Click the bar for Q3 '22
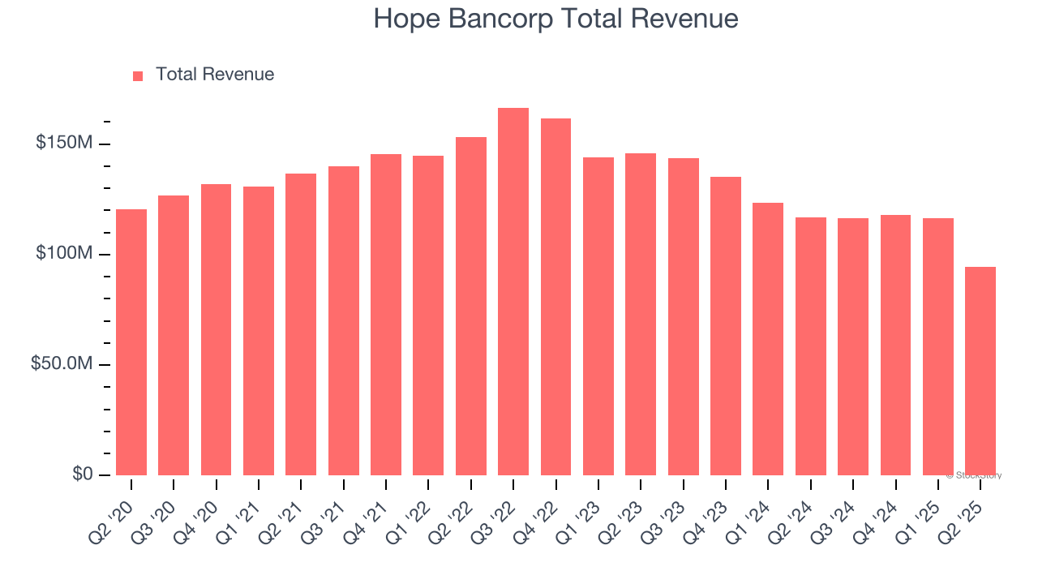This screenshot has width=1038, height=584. click(x=513, y=292)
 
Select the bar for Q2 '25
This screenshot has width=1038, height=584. click(x=980, y=371)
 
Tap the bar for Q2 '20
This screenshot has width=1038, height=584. click(x=131, y=342)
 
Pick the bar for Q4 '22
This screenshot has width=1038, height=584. click(x=555, y=297)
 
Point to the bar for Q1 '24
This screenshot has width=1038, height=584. click(x=768, y=339)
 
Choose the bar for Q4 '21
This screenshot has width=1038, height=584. click(x=386, y=315)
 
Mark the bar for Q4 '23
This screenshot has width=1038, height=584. click(x=726, y=326)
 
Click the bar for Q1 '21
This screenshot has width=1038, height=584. click(x=259, y=331)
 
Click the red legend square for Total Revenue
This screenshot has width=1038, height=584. click(x=138, y=75)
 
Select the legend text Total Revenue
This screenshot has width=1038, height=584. click(x=215, y=75)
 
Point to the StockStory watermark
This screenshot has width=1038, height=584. click(x=974, y=475)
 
